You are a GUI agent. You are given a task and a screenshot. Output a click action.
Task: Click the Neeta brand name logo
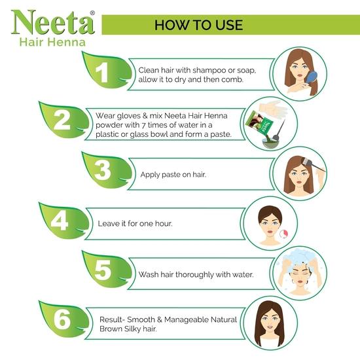tap(52, 22)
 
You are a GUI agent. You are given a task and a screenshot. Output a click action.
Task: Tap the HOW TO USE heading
tap(199, 25)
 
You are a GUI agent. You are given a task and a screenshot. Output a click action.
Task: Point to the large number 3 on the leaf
tap(102, 171)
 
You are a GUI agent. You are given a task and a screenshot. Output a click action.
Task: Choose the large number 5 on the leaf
tap(101, 270)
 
